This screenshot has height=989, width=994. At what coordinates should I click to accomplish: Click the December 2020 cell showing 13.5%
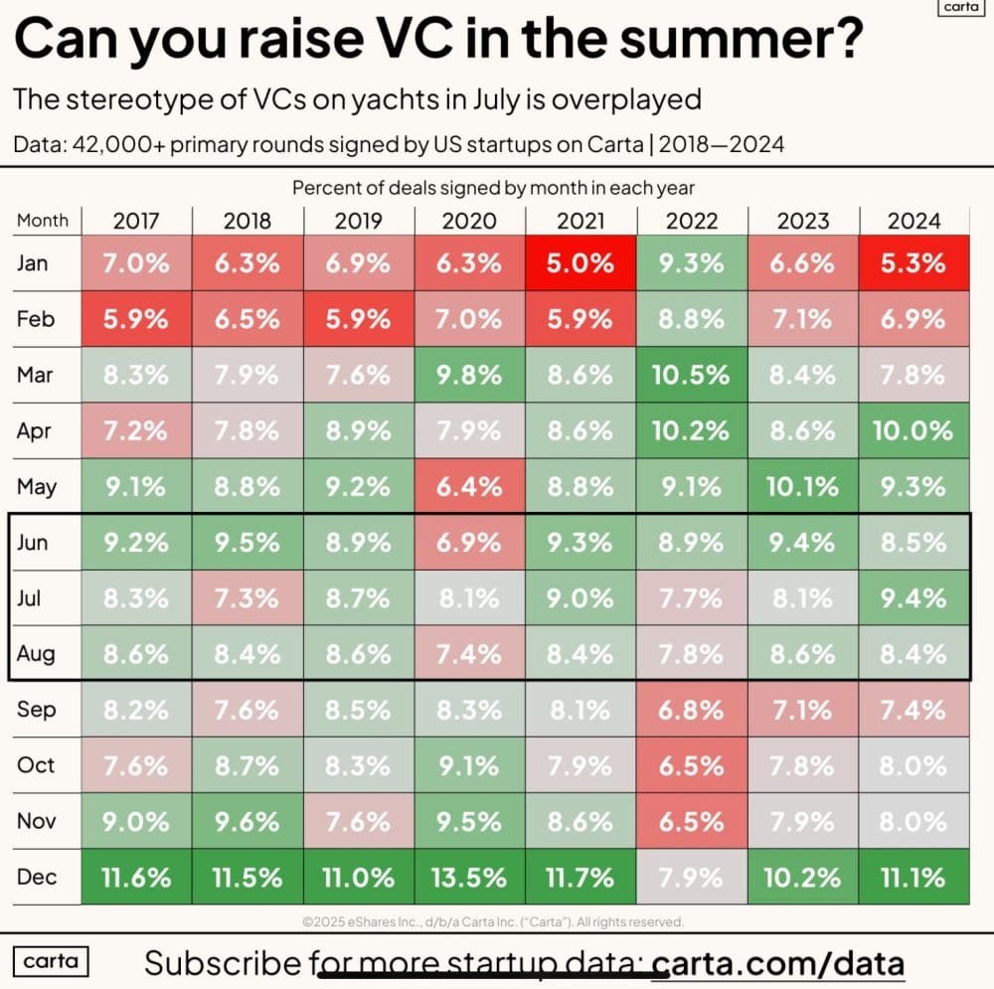[x=470, y=878]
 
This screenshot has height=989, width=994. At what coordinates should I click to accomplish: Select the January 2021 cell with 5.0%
[x=580, y=264]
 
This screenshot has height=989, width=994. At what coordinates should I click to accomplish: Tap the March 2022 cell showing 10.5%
[x=691, y=376]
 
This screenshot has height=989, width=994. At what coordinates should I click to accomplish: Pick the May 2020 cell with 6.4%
[x=470, y=487]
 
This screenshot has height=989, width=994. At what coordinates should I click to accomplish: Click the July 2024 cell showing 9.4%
[x=913, y=598]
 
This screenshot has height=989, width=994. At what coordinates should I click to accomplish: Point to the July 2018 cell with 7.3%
[x=248, y=598]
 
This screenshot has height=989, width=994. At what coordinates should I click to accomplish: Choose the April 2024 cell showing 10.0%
[x=913, y=431]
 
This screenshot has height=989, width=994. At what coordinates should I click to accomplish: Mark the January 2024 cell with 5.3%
[x=913, y=264]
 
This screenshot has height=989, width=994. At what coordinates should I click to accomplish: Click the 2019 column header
[x=358, y=220]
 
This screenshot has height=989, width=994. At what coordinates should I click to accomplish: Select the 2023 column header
[x=802, y=220]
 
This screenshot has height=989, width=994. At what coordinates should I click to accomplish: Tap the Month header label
[x=43, y=220]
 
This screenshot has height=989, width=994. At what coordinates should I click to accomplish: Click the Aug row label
[x=37, y=654]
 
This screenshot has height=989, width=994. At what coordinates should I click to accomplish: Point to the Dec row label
[x=37, y=878]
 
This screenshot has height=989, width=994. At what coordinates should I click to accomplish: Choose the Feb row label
[x=36, y=320]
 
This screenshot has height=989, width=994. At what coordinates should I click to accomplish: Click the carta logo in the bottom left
[x=51, y=961]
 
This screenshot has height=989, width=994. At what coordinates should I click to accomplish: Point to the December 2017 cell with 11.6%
[x=136, y=878]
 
